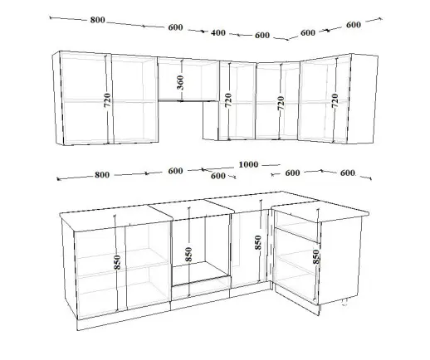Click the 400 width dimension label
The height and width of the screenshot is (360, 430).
(218, 32)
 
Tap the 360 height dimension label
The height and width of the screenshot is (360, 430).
(180, 82)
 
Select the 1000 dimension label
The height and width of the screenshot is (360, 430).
(248, 164)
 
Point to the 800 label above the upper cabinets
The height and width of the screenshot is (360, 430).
(97, 20)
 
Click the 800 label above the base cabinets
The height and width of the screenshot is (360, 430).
(102, 175)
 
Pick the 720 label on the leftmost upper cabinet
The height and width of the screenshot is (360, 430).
(107, 100)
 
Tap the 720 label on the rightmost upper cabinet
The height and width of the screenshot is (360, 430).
(335, 100)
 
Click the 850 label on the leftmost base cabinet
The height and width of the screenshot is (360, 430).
(117, 262)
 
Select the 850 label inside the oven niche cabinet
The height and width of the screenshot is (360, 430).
(188, 254)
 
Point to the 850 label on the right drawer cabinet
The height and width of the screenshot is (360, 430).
(316, 257)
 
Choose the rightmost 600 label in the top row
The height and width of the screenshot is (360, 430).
(354, 25)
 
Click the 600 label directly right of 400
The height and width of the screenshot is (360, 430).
(262, 36)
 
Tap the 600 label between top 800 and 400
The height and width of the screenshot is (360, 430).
(175, 27)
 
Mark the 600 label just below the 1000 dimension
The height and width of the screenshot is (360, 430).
(218, 176)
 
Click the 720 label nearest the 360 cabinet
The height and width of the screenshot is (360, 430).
(228, 100)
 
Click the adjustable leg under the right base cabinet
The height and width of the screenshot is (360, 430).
(344, 302)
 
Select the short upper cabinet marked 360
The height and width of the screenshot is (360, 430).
(188, 79)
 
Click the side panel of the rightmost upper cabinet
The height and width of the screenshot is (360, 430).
(363, 99)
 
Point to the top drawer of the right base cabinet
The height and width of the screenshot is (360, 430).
(297, 226)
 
